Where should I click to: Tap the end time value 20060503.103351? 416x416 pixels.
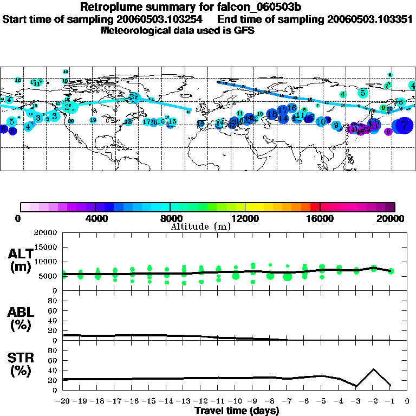tap(370, 19)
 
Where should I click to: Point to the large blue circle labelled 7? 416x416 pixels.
tap(404, 125)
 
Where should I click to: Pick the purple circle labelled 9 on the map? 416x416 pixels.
tap(388, 132)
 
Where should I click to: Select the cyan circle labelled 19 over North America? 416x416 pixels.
tap(93, 120)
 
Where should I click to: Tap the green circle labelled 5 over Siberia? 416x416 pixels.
tap(362, 93)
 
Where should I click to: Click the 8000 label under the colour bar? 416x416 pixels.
tap(170, 218)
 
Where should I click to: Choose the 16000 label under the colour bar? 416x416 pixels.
tap(320, 218)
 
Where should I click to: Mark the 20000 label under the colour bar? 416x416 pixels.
tap(394, 218)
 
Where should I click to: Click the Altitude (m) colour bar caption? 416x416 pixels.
tap(201, 226)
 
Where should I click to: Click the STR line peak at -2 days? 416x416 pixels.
tap(373, 369)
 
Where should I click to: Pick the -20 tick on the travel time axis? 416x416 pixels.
tap(63, 402)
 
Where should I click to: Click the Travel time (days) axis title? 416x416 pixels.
tap(237, 411)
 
